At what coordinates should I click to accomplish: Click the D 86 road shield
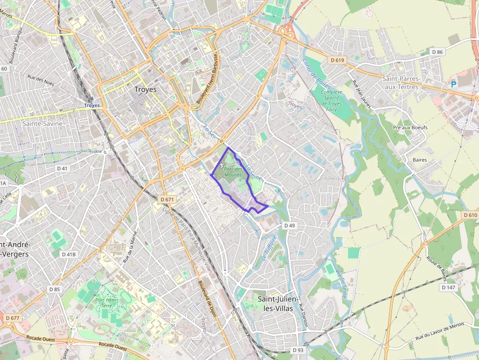click(x=437, y=52)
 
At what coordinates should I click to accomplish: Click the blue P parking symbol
click(x=453, y=84)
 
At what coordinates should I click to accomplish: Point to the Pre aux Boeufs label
click(x=410, y=127)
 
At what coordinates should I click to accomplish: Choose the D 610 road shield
click(x=469, y=215)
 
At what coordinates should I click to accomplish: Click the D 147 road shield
click(x=448, y=288)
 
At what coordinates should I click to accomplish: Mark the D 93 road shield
click(x=298, y=350)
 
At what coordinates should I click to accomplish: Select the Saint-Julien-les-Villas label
click(x=278, y=303)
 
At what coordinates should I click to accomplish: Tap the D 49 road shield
click(x=289, y=226)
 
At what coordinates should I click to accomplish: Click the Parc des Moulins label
click(x=233, y=171)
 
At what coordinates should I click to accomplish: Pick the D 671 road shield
click(x=167, y=199)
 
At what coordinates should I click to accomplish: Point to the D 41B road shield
click(x=68, y=254)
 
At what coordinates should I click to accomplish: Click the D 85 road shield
click(x=55, y=289)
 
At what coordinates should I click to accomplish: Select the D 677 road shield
click(x=13, y=318)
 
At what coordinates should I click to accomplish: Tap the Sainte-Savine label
click(x=43, y=124)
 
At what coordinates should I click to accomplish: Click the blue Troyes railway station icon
click(x=91, y=99)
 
